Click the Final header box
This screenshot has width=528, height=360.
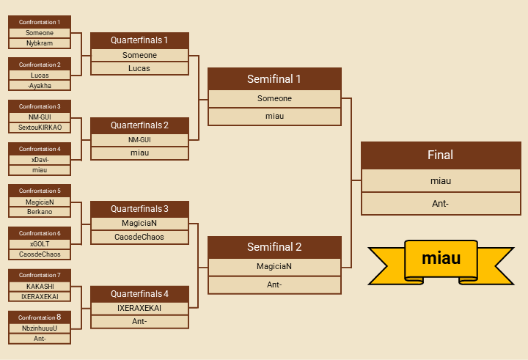(441, 155)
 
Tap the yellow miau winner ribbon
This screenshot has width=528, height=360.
(441, 259)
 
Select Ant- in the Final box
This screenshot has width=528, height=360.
(441, 203)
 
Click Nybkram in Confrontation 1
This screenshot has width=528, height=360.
(40, 43)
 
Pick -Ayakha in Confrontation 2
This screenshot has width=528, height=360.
(40, 85)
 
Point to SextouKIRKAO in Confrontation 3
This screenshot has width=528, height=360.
(40, 128)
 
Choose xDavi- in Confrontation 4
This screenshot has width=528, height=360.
(40, 159)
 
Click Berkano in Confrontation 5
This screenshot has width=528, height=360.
(40, 212)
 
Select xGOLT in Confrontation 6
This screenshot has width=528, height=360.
(40, 243)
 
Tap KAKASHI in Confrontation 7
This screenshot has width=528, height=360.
(40, 286)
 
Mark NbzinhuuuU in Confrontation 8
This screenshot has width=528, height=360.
(40, 328)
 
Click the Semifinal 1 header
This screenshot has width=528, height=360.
(274, 79)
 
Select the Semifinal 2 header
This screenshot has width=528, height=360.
(274, 247)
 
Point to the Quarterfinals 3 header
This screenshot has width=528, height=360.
(139, 209)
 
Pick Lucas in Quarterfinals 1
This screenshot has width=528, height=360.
(139, 68)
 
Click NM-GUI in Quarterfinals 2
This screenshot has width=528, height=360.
(139, 139)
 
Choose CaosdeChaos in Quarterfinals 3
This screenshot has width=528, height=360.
(139, 237)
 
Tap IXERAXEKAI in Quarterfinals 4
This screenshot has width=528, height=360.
(139, 308)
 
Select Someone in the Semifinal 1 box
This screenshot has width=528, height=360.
(274, 98)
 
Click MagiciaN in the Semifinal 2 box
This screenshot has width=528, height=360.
(274, 266)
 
